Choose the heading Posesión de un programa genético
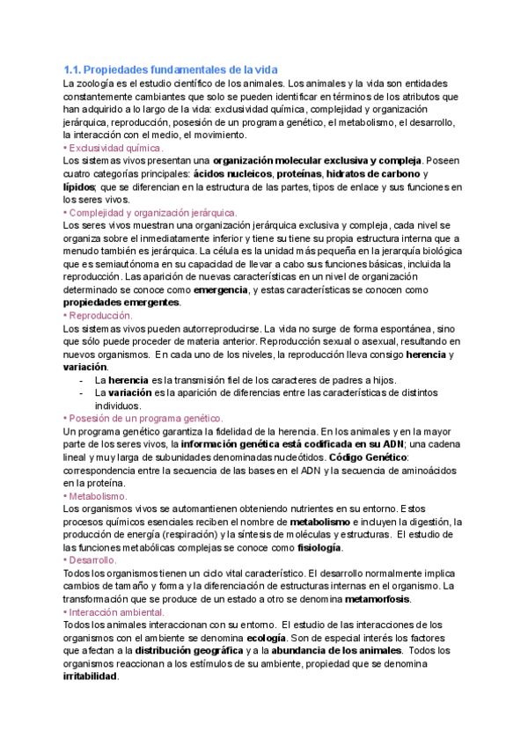[145, 418]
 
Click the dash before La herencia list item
[82, 380]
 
